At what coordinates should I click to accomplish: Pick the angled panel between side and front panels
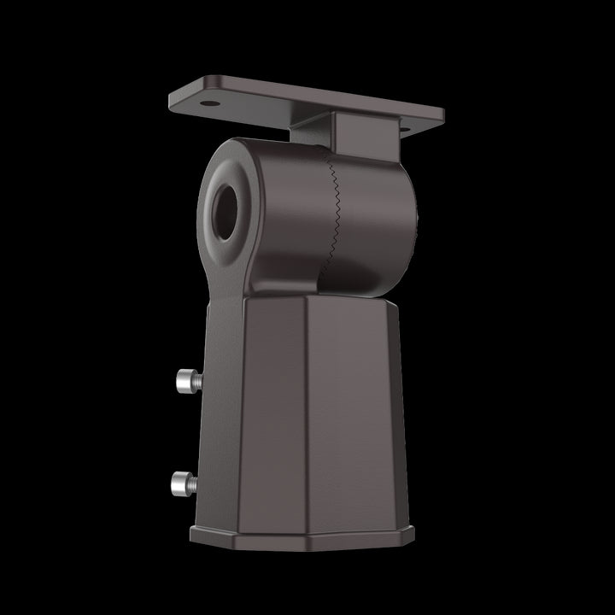(x=265, y=410)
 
